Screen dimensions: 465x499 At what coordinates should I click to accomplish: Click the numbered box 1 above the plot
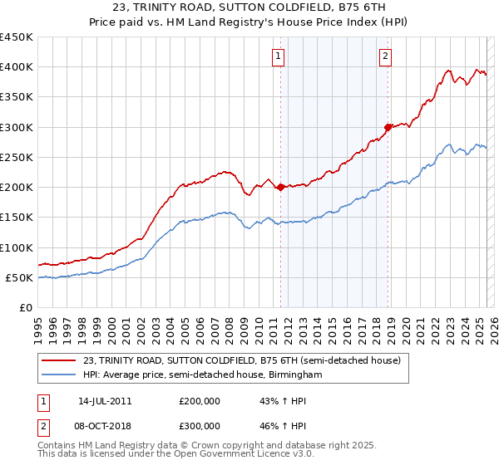[277, 56]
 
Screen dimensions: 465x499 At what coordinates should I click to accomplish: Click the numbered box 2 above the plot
[386, 56]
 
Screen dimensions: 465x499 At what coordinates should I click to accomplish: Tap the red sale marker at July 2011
[280, 187]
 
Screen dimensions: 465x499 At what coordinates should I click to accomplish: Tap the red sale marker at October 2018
[388, 127]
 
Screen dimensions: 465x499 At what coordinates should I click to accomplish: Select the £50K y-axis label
[20, 277]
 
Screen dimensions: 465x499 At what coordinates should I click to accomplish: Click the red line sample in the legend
[59, 360]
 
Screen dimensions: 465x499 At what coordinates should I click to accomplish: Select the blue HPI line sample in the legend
[59, 375]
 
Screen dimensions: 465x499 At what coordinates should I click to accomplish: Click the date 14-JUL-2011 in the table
[105, 401]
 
